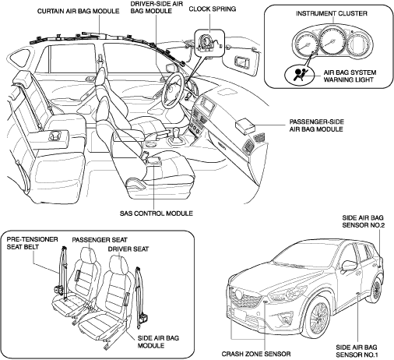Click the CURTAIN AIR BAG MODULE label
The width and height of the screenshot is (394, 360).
pos(79,12)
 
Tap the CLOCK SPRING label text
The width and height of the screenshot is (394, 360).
pos(213,9)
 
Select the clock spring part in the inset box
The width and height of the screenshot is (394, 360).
pos(207,43)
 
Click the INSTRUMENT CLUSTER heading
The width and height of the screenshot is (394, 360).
pos(332,13)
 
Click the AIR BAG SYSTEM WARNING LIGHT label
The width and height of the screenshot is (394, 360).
pos(350,76)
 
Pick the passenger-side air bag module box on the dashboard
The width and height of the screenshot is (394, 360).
pos(245,126)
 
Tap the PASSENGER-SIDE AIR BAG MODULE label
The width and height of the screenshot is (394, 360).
pos(317,125)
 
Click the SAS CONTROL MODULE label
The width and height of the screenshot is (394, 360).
pos(157,214)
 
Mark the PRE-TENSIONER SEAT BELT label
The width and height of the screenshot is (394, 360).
pos(32,243)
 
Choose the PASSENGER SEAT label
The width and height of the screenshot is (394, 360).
pos(100,240)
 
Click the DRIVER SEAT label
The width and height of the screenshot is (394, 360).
pos(128,249)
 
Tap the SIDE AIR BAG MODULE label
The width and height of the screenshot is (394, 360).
pos(158,342)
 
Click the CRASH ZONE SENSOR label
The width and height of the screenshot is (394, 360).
pos(256,354)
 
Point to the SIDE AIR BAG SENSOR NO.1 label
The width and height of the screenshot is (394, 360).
pos(357,351)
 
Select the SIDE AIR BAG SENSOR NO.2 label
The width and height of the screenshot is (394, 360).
pos(363,221)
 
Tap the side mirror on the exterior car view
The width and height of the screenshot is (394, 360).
pos(349,266)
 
